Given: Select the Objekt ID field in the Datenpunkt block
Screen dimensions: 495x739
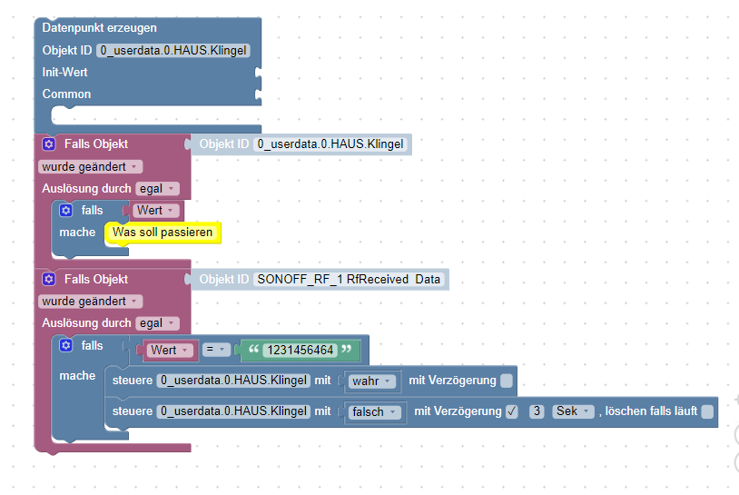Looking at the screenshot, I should (173, 51).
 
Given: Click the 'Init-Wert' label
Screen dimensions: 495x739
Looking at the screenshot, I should (64, 72).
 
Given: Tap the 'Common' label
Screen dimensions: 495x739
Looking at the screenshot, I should (66, 94).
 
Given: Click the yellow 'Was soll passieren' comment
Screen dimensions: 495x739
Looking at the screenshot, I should (163, 233).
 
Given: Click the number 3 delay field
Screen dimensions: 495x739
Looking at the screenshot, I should (537, 411).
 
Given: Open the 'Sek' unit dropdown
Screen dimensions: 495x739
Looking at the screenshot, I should (574, 411).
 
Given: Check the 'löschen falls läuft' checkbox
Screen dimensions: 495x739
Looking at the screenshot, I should (707, 411).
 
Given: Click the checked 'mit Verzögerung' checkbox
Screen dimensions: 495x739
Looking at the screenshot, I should (512, 411).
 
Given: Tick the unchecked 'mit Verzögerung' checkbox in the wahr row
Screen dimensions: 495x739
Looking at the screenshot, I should (507, 381).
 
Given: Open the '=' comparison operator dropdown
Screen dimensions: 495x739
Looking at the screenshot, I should (216, 350).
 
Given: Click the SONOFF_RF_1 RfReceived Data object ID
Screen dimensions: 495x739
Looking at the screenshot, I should (349, 279).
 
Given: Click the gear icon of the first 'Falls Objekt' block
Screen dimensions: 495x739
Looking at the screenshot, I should (49, 144).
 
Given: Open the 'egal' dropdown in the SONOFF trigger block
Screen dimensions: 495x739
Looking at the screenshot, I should (157, 323).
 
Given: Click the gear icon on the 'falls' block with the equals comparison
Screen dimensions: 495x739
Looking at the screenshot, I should (65, 346).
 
